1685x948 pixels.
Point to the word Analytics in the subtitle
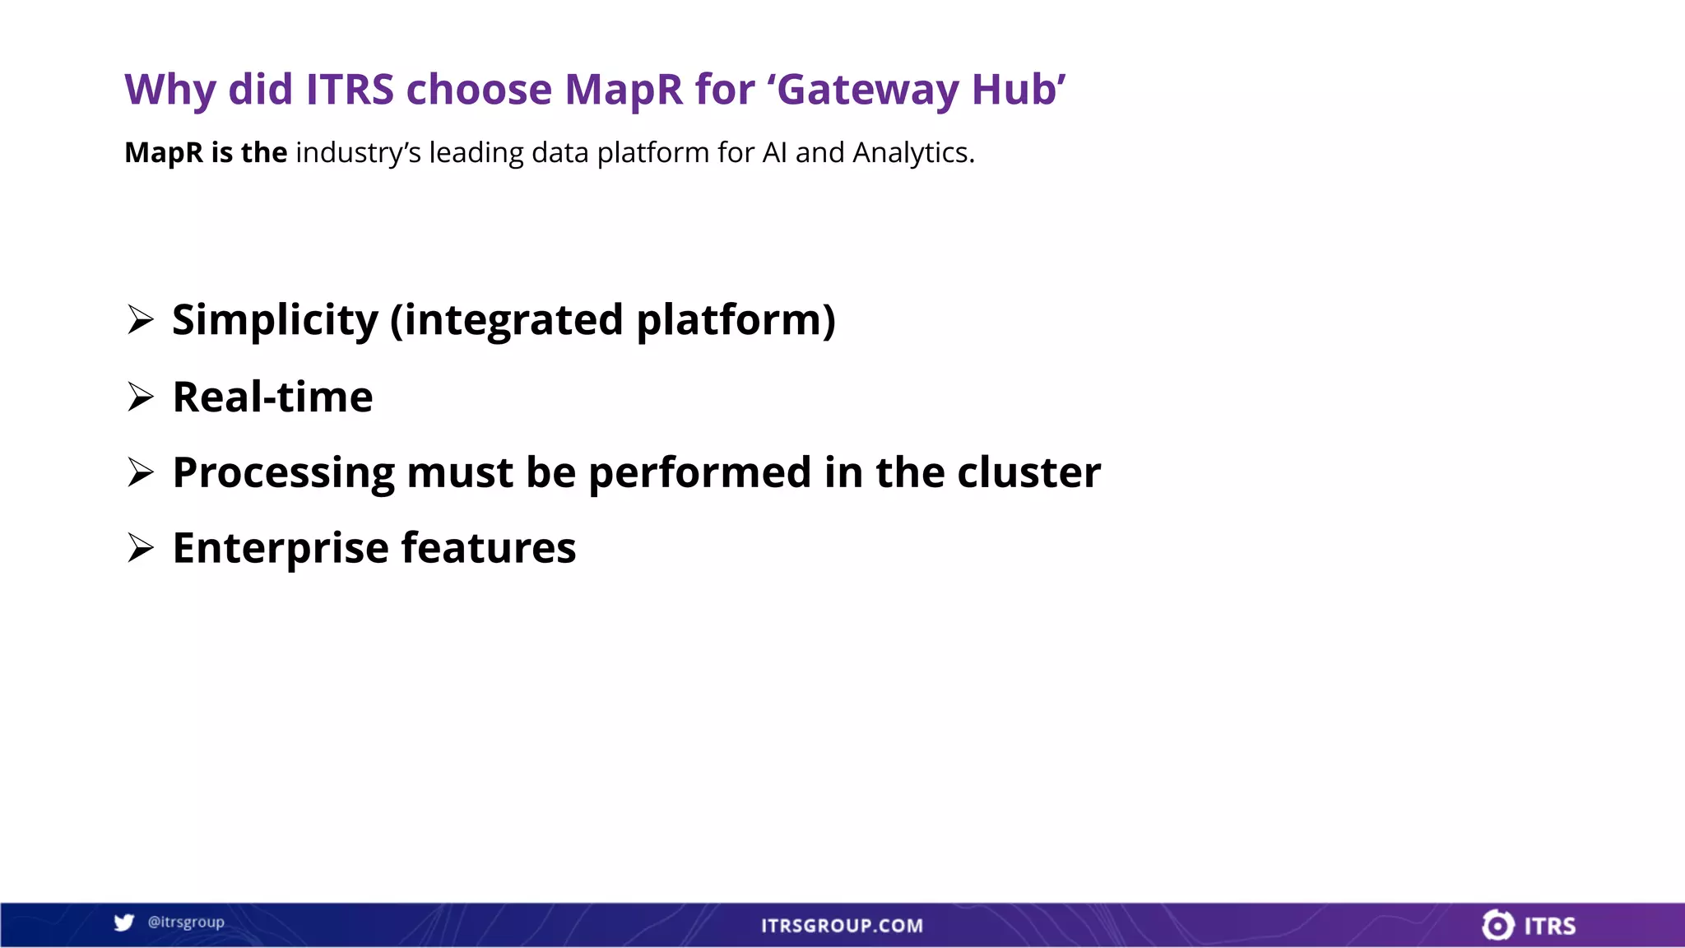coord(912,153)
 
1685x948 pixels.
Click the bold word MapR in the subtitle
coord(163,153)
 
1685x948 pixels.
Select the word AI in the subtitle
coord(774,153)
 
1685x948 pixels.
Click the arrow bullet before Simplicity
coord(141,319)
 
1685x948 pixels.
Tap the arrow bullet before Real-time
coord(141,397)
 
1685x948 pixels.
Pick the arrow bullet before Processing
coord(141,472)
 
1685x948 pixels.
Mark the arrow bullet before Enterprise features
coord(141,548)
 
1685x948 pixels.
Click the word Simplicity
coord(275,319)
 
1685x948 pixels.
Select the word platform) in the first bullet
coord(736,319)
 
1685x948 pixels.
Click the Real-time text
coord(272,397)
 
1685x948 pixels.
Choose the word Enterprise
coord(280,548)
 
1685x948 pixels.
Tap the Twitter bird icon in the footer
coord(124,922)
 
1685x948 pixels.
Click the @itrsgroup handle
coord(186,922)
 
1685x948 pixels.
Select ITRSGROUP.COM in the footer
coord(842,926)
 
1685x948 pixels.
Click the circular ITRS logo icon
coord(1497,925)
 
